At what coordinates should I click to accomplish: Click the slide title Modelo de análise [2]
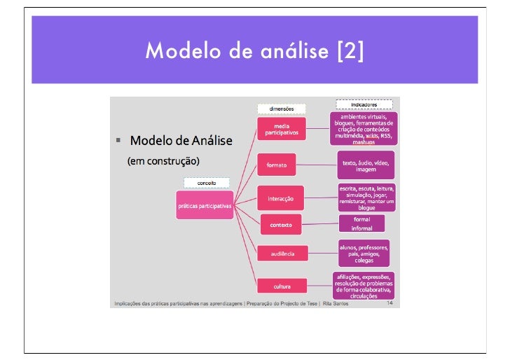(x=254, y=51)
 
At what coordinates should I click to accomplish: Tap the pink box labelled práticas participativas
(x=204, y=205)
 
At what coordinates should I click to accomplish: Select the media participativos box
(x=282, y=130)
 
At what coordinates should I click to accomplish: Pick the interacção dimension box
(x=281, y=199)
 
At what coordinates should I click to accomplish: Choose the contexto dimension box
(x=281, y=225)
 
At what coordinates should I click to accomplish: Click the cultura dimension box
(x=282, y=286)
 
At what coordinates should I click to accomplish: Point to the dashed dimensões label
(x=282, y=109)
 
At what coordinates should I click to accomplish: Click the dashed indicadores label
(x=364, y=104)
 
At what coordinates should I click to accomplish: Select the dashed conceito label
(x=206, y=183)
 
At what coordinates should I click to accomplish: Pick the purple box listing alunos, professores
(x=364, y=253)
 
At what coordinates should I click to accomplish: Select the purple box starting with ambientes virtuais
(x=364, y=128)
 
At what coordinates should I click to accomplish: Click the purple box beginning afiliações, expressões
(x=364, y=286)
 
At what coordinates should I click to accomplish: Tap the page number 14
(x=390, y=303)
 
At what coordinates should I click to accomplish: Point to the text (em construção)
(x=163, y=161)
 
